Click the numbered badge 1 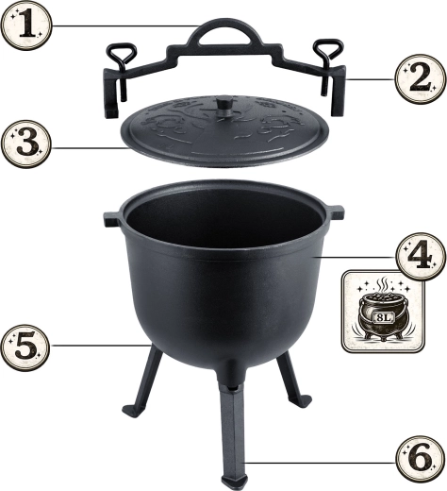click(25, 25)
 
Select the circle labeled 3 click(25, 144)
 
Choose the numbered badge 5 click(25, 347)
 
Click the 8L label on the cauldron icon click(384, 317)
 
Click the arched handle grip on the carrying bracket click(224, 31)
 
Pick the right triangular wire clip click(327, 64)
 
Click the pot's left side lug click(111, 219)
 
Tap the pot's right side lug click(337, 212)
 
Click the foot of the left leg click(131, 410)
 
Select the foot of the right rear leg click(302, 401)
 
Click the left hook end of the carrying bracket click(111, 94)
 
